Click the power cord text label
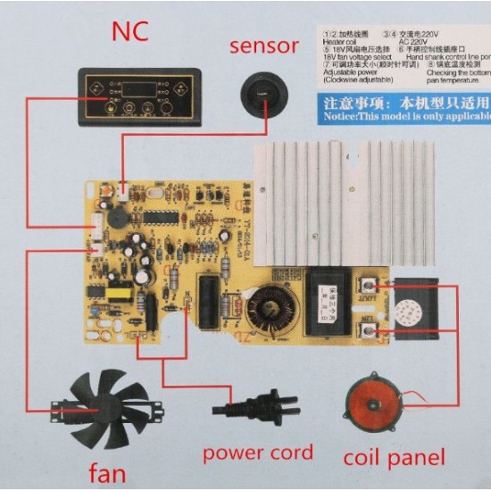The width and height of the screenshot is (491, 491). [257, 453]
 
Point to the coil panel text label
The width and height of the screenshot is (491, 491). [393, 458]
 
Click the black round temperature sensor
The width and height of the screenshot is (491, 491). [260, 92]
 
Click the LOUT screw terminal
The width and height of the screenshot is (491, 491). [368, 288]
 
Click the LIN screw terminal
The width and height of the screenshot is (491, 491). [368, 331]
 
